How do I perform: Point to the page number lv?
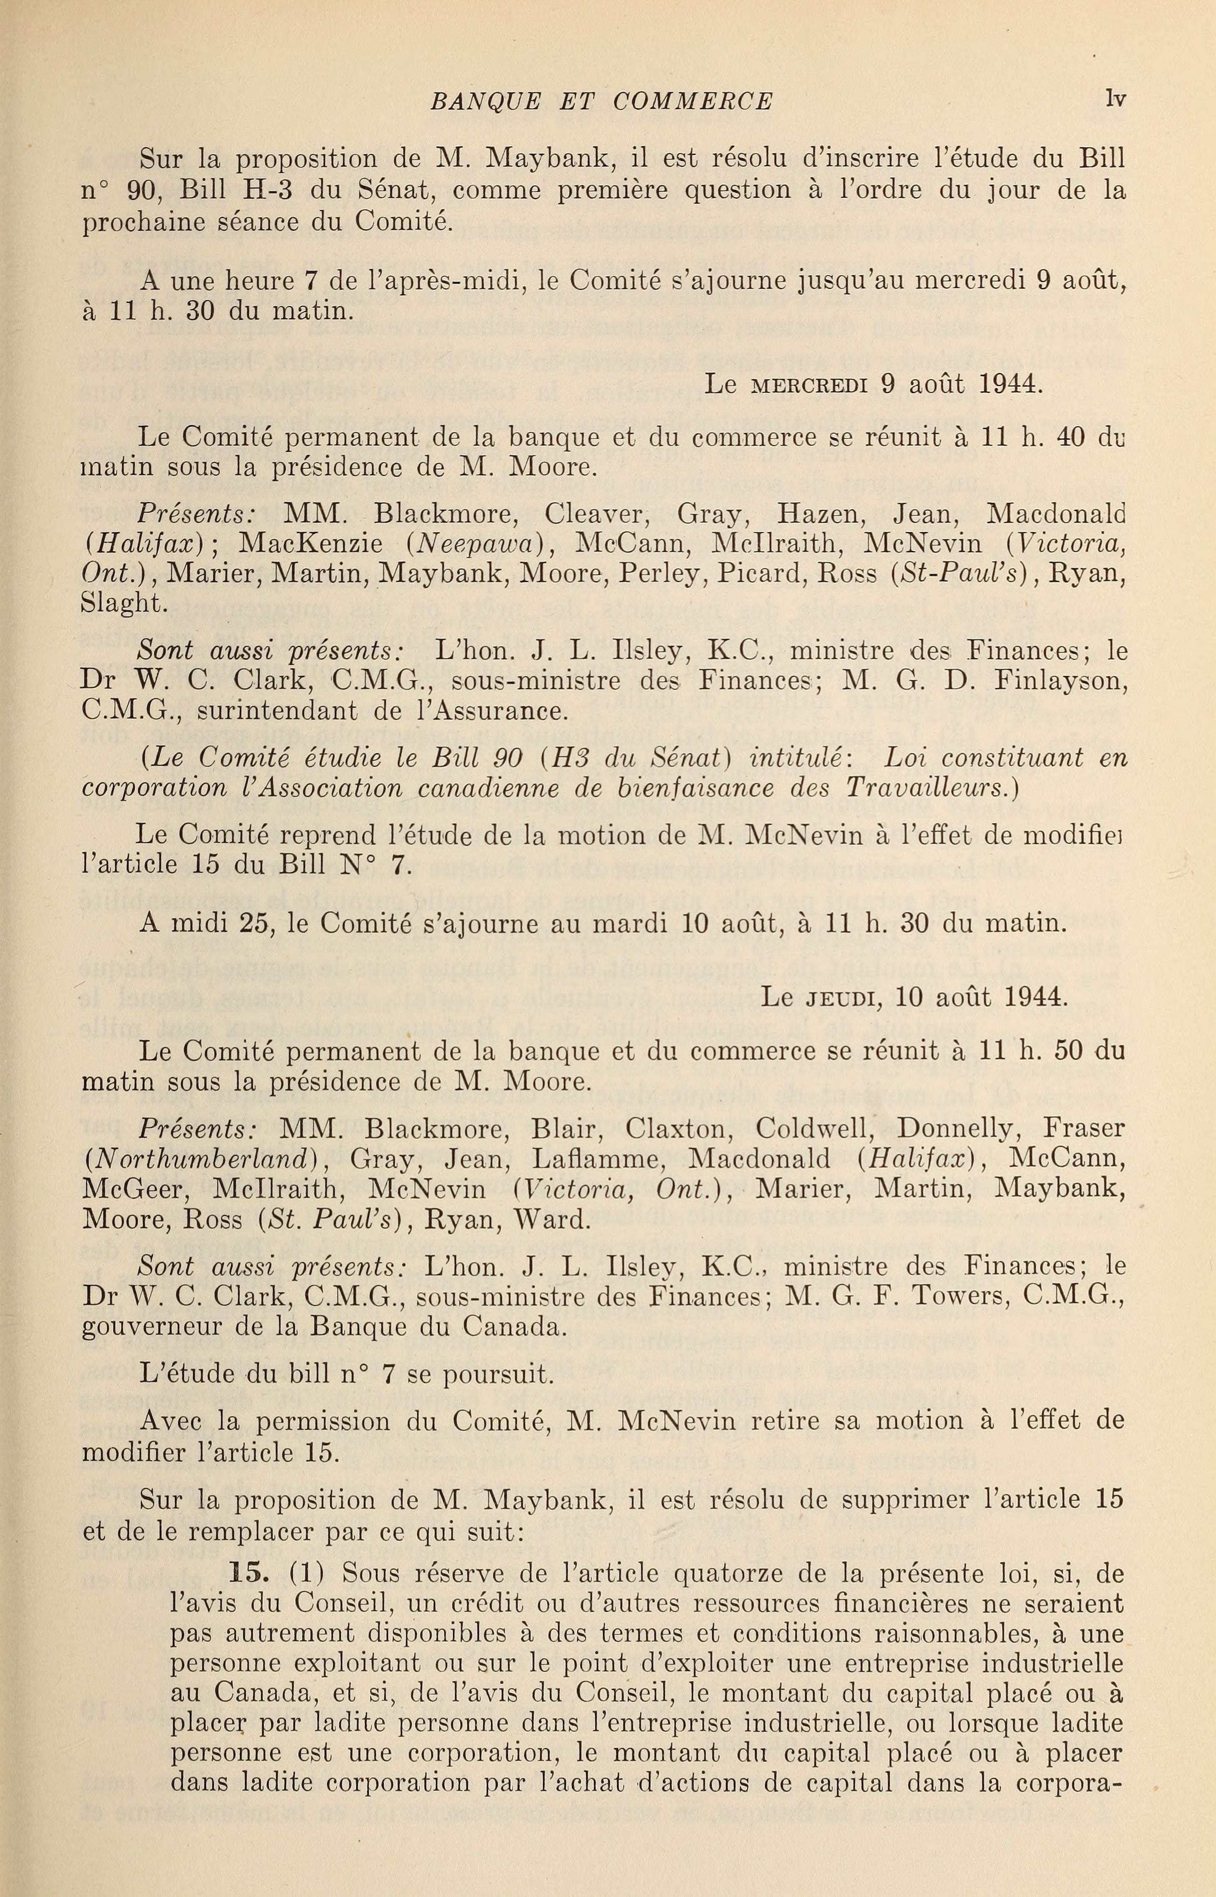[x=1115, y=99]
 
